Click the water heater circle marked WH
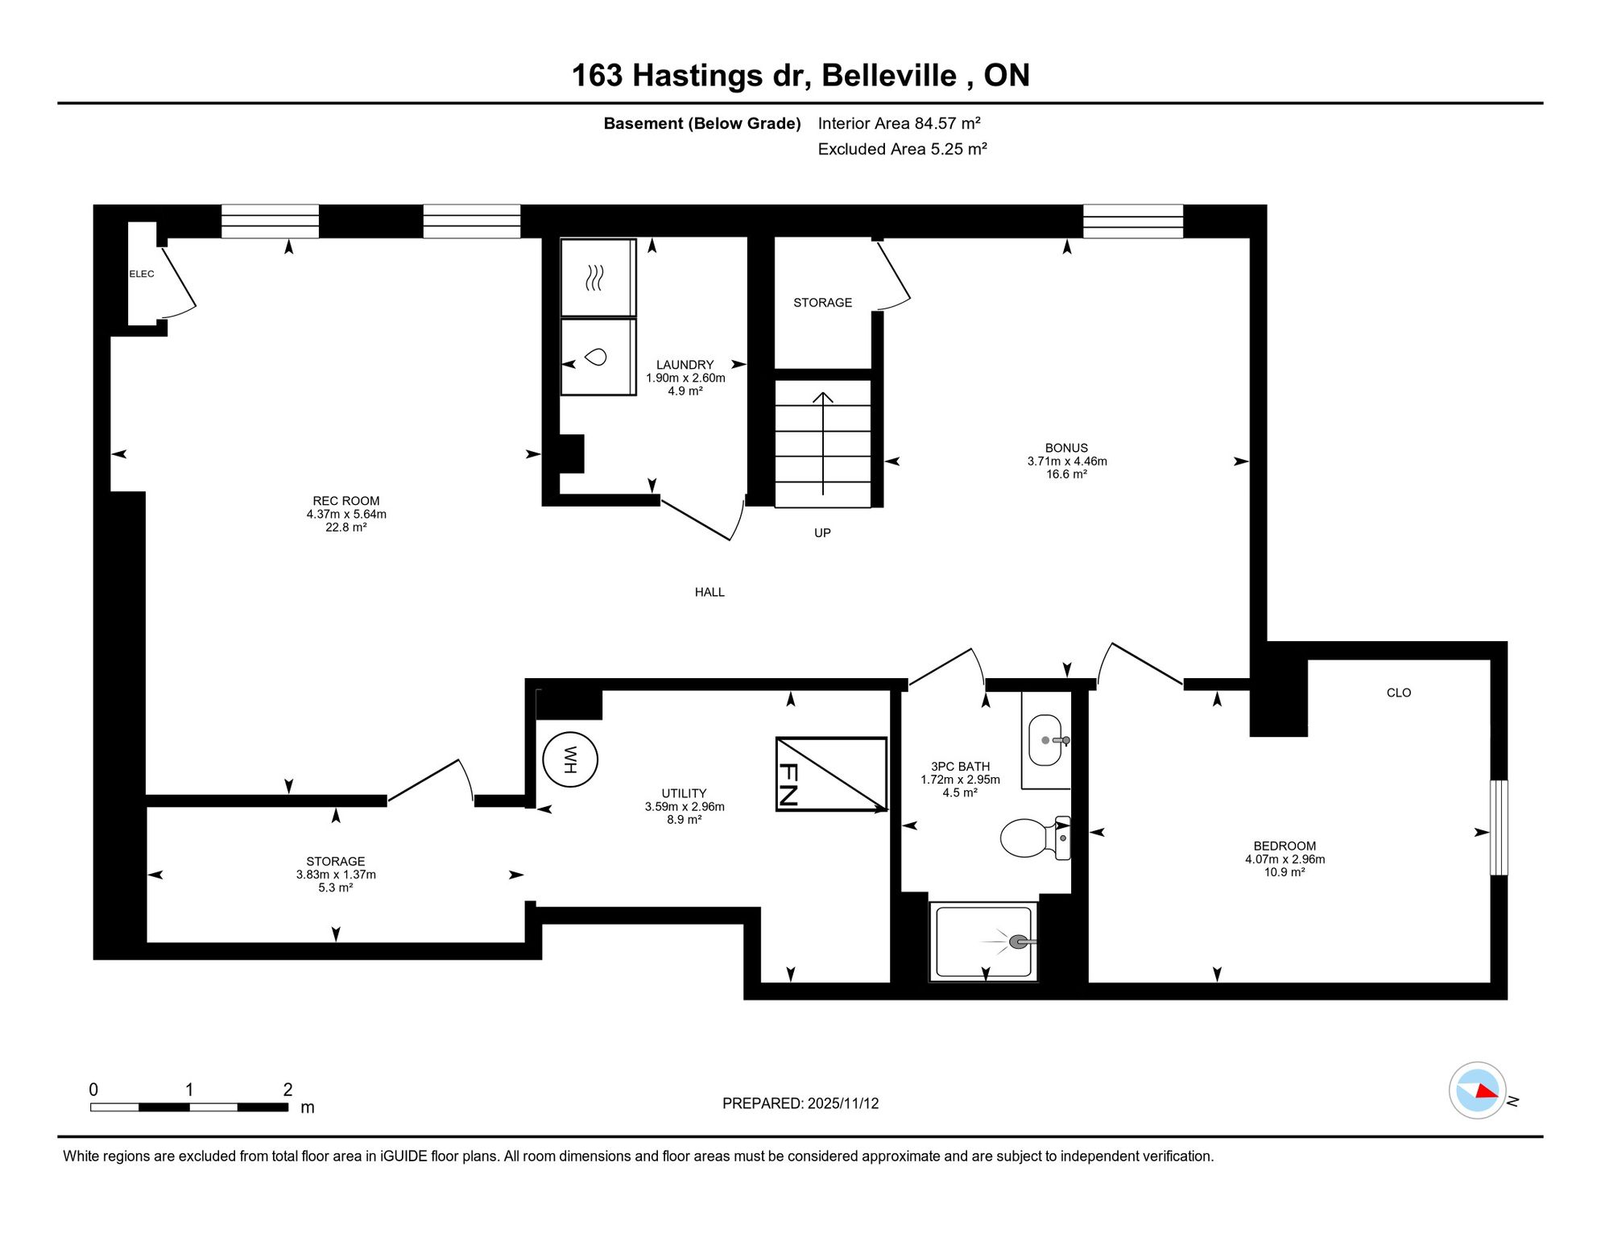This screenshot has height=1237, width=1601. click(x=570, y=759)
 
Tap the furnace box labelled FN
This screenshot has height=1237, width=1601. click(x=831, y=774)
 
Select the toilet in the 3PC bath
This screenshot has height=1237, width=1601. click(x=1036, y=838)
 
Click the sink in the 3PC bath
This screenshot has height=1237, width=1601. click(x=1047, y=740)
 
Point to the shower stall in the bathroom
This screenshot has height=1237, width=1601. click(x=983, y=941)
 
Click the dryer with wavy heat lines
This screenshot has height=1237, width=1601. click(x=598, y=278)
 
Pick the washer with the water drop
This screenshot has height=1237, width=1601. click(x=598, y=357)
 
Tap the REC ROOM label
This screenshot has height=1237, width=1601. click(x=346, y=501)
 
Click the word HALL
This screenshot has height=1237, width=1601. click(x=709, y=592)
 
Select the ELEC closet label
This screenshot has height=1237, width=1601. click(x=142, y=274)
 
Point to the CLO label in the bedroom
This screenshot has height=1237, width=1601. click(x=1399, y=693)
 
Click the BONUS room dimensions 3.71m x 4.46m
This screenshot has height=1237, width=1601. click(x=1067, y=461)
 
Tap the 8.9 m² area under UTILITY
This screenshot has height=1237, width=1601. click(x=685, y=819)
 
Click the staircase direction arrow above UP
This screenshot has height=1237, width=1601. click(x=823, y=443)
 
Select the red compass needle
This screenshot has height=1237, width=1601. click(x=1487, y=1090)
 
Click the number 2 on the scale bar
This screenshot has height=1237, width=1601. click(x=288, y=1090)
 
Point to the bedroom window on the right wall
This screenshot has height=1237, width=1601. click(x=1499, y=827)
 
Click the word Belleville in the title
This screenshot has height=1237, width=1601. click(x=889, y=76)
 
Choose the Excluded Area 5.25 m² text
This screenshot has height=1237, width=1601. click(x=902, y=149)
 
